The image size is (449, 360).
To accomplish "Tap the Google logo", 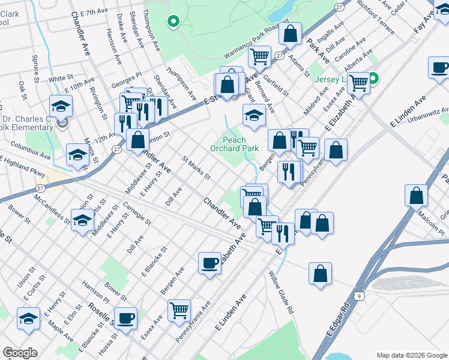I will point(20,353).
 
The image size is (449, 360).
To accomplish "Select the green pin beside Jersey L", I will point(373,78).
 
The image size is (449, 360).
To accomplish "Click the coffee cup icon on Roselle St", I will point(125,318).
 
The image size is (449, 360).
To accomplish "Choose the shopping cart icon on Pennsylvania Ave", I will point(179,310).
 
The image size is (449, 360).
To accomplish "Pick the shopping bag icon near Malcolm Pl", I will point(416,195).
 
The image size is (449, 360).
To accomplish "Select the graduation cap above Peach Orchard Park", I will point(254,115).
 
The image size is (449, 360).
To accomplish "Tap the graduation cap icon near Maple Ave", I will point(28,318).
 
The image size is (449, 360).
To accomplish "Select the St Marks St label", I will point(196,168).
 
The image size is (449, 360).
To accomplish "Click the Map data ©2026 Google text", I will point(411,355).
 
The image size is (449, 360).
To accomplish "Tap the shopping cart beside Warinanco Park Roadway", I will point(259,57).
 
